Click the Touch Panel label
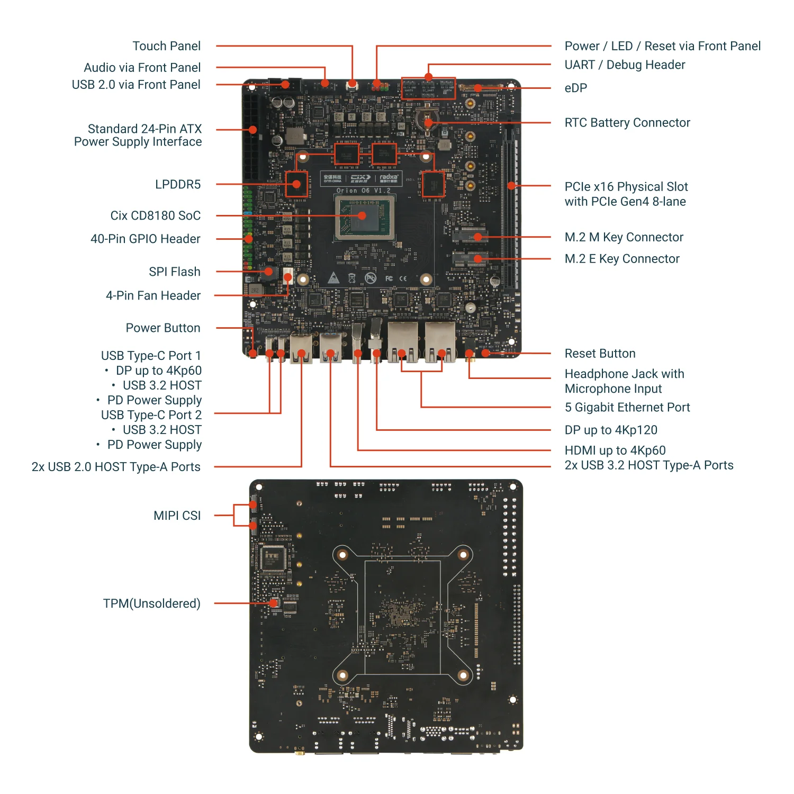pyautogui.click(x=166, y=46)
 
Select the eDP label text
pyautogui.click(x=575, y=88)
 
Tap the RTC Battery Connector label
pyautogui.click(x=627, y=123)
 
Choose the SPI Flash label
pyautogui.click(x=174, y=272)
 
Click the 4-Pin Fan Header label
pyautogui.click(x=153, y=295)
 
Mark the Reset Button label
pyautogui.click(x=600, y=354)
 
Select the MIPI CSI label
pyautogui.click(x=177, y=516)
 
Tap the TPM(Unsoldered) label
pyautogui.click(x=151, y=603)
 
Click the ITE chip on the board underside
pyautogui.click(x=273, y=558)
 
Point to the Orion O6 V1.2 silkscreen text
pyautogui.click(x=363, y=191)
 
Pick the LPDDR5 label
pyautogui.click(x=177, y=184)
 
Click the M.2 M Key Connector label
pyautogui.click(x=624, y=237)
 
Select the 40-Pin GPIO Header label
pyautogui.click(x=145, y=239)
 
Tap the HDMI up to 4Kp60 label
pyautogui.click(x=615, y=450)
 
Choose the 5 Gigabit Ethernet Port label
pyautogui.click(x=627, y=407)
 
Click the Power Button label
pyautogui.click(x=163, y=328)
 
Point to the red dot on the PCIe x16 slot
pyautogui.click(x=511, y=186)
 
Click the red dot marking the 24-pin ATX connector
pyautogui.click(x=253, y=130)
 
